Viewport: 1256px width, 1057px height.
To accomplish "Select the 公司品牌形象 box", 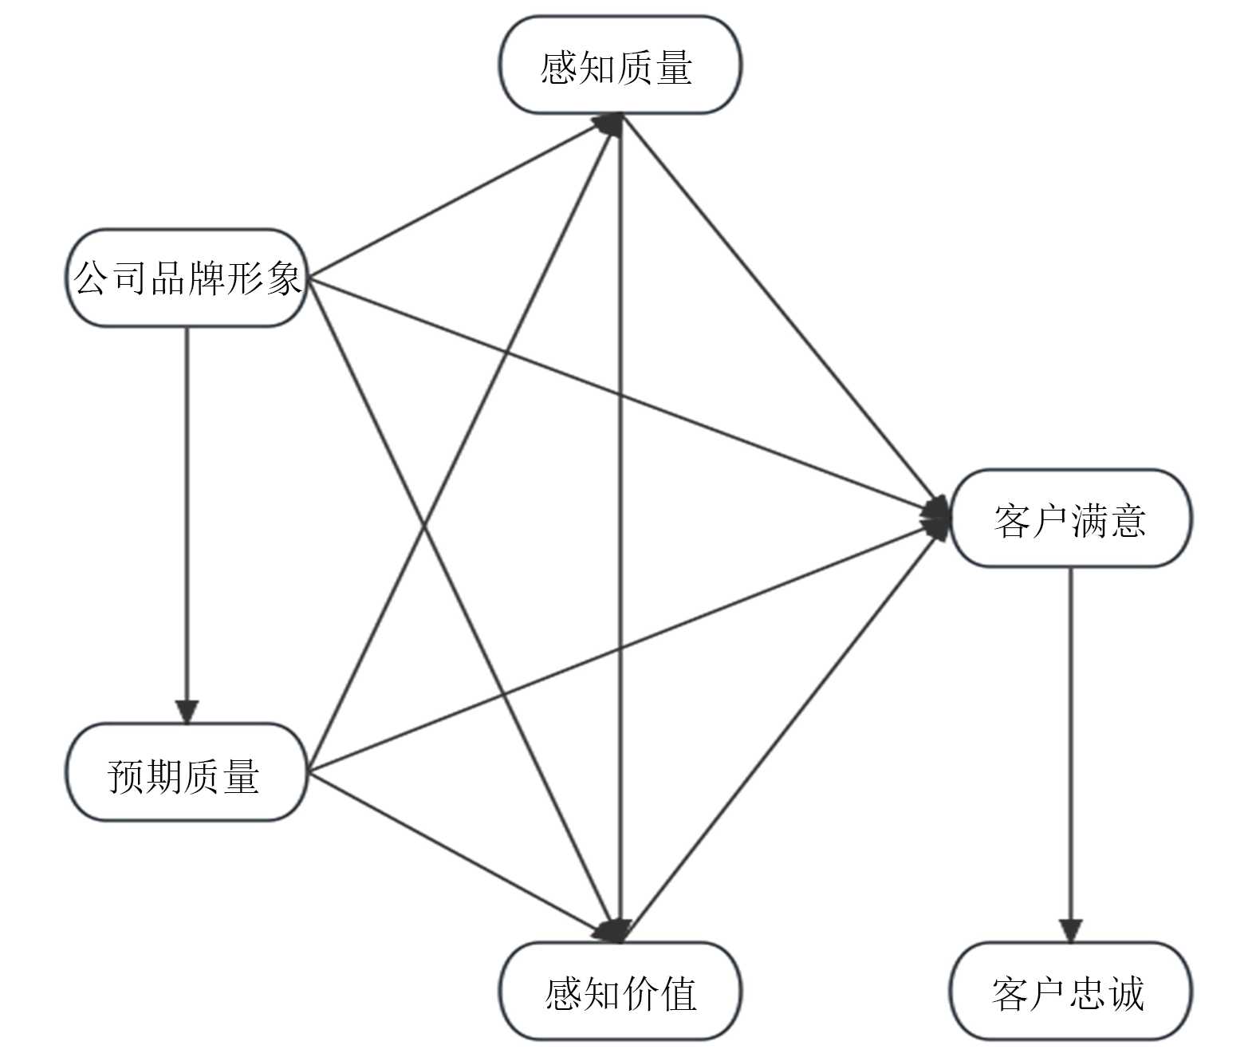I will (x=187, y=278).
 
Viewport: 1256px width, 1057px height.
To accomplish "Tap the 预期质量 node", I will (x=187, y=772).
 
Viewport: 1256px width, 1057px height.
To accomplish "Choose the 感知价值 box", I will (x=620, y=991).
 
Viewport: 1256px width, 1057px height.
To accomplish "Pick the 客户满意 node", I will (x=1070, y=519).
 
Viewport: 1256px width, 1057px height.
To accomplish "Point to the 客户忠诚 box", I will (x=1070, y=991).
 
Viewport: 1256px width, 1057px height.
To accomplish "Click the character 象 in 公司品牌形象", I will (x=282, y=279).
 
